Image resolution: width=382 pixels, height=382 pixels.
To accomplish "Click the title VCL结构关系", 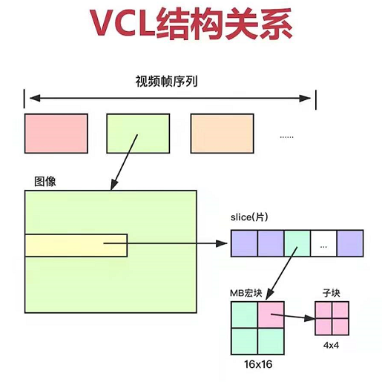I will pyautogui.click(x=191, y=24).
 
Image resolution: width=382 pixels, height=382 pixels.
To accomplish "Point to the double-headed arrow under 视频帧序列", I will pyautogui.click(x=170, y=98).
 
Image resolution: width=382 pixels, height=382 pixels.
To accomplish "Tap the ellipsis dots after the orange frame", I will pyautogui.click(x=287, y=136).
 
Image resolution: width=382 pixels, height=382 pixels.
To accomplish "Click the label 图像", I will pyautogui.click(x=45, y=182).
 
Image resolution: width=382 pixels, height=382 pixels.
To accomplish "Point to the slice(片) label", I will pyautogui.click(x=251, y=218).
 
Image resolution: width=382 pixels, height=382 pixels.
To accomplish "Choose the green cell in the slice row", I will pyautogui.click(x=297, y=243).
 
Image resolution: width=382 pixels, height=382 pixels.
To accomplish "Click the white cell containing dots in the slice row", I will pyautogui.click(x=323, y=243).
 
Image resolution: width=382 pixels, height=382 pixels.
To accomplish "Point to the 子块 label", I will pyautogui.click(x=331, y=293).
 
